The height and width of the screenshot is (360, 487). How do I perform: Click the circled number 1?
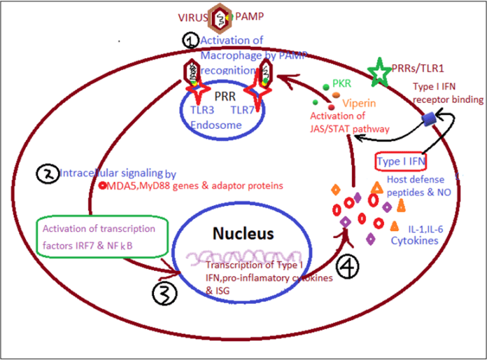point(191,41)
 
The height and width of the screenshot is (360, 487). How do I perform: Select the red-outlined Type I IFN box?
point(402,162)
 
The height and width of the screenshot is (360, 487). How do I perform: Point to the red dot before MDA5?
point(102,186)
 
